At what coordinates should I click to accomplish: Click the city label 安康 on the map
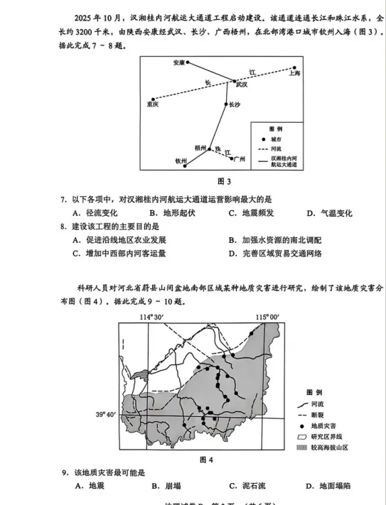click(x=178, y=63)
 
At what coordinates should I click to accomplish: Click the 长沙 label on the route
click(x=236, y=104)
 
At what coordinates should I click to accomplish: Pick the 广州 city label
click(x=239, y=158)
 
